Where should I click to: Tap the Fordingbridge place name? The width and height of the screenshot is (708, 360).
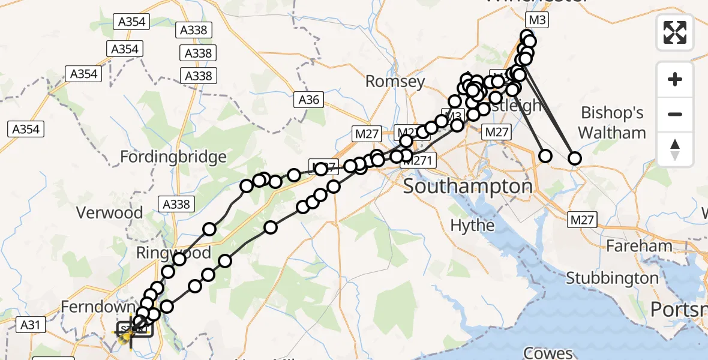point(173,157)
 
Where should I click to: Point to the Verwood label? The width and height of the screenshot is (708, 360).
point(110,213)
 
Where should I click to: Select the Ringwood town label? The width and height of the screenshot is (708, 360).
point(173,252)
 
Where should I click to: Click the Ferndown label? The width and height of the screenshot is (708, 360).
point(91,307)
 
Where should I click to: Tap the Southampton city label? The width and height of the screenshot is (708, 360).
point(467,186)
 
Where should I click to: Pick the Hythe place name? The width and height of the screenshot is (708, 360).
point(473,226)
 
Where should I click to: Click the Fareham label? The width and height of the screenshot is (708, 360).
point(639,246)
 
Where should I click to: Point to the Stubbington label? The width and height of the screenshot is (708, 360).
point(612,278)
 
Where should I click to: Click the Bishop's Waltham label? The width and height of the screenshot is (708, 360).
point(613,122)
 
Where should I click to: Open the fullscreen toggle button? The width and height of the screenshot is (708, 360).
point(675,32)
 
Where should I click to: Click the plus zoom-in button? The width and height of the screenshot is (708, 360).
point(675,79)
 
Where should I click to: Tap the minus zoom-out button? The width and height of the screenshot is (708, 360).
point(675,114)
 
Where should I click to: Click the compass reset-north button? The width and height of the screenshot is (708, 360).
point(675,149)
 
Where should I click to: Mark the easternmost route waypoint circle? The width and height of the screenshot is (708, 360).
point(575,158)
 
